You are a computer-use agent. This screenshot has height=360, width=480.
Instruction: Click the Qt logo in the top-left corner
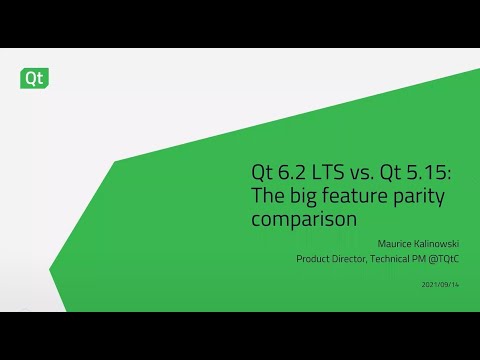pos(35,76)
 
